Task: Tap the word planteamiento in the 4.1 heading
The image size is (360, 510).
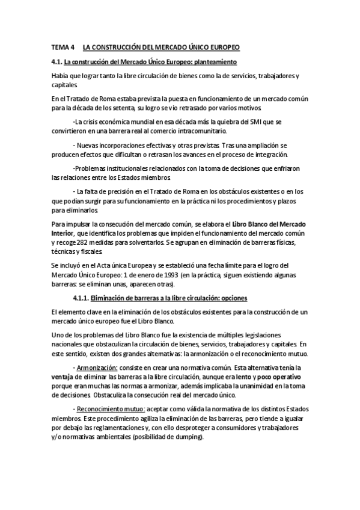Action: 213,62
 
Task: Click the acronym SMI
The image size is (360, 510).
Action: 255,121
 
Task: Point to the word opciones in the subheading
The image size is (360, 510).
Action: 231,298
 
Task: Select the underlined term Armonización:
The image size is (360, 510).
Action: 97,366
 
